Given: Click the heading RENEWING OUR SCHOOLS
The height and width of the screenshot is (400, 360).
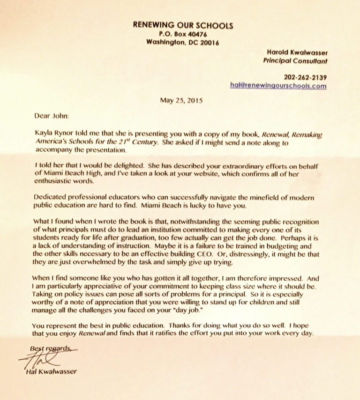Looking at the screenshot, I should click(183, 25).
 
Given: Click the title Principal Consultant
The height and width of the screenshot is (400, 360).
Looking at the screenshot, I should click(295, 60).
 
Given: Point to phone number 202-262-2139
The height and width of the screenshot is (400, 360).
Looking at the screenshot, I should click(305, 77).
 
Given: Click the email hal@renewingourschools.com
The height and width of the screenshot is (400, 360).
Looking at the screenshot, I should click(278, 86).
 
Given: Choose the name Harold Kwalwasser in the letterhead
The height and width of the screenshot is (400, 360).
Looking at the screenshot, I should click(297, 52).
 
